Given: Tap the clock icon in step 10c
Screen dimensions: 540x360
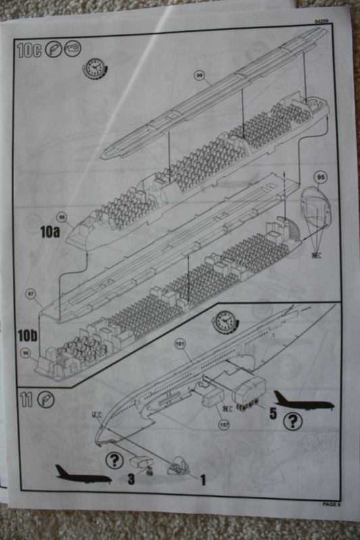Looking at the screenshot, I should click(x=95, y=67).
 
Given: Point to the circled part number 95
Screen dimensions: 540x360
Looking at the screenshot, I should click(x=320, y=178).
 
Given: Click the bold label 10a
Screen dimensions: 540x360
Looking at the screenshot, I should click(x=49, y=232).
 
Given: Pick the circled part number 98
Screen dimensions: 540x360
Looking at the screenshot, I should click(x=61, y=217).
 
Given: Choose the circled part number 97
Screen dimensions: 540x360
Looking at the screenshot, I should click(x=30, y=294).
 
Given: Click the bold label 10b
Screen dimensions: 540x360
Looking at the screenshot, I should click(x=30, y=335).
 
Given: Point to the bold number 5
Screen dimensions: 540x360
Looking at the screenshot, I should click(x=273, y=414).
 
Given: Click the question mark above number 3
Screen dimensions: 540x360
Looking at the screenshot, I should click(x=115, y=460).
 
